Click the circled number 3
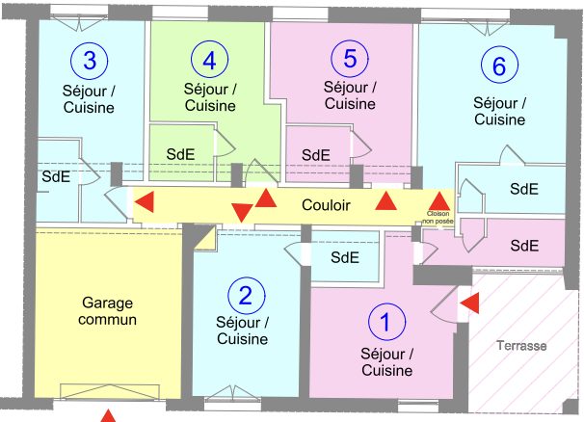click(x=90, y=60)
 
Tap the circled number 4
click(x=209, y=60)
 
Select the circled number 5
click(x=350, y=58)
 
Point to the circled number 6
click(x=499, y=65)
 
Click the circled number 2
click(x=246, y=296)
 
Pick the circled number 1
click(x=386, y=322)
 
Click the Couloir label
click(x=326, y=205)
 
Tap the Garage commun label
click(x=107, y=311)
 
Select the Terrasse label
click(x=521, y=346)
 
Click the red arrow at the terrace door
click(x=469, y=303)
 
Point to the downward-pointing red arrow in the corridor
click(x=242, y=213)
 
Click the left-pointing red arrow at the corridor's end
click(x=145, y=202)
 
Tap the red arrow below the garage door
click(x=108, y=415)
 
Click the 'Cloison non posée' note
click(x=438, y=218)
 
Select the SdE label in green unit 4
click(x=180, y=154)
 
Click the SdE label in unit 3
click(x=56, y=176)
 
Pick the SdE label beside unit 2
click(x=345, y=257)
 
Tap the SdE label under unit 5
click(x=316, y=155)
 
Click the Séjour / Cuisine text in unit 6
click(x=500, y=112)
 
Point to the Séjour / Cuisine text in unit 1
click(x=387, y=362)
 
